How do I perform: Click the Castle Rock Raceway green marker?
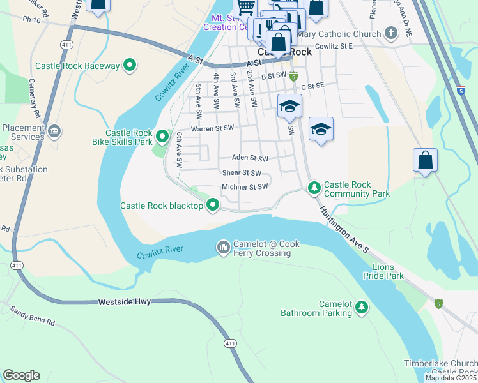130,65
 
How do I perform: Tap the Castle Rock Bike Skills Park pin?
162,136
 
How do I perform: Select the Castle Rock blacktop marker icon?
213,206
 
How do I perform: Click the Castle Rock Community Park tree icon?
314,188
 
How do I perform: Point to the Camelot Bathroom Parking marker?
362,308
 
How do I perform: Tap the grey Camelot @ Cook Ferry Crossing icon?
223,247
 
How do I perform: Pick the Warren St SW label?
208,128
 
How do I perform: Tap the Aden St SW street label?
249,158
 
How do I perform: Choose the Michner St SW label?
244,187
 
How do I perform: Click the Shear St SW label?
242,173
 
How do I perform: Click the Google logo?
21,375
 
